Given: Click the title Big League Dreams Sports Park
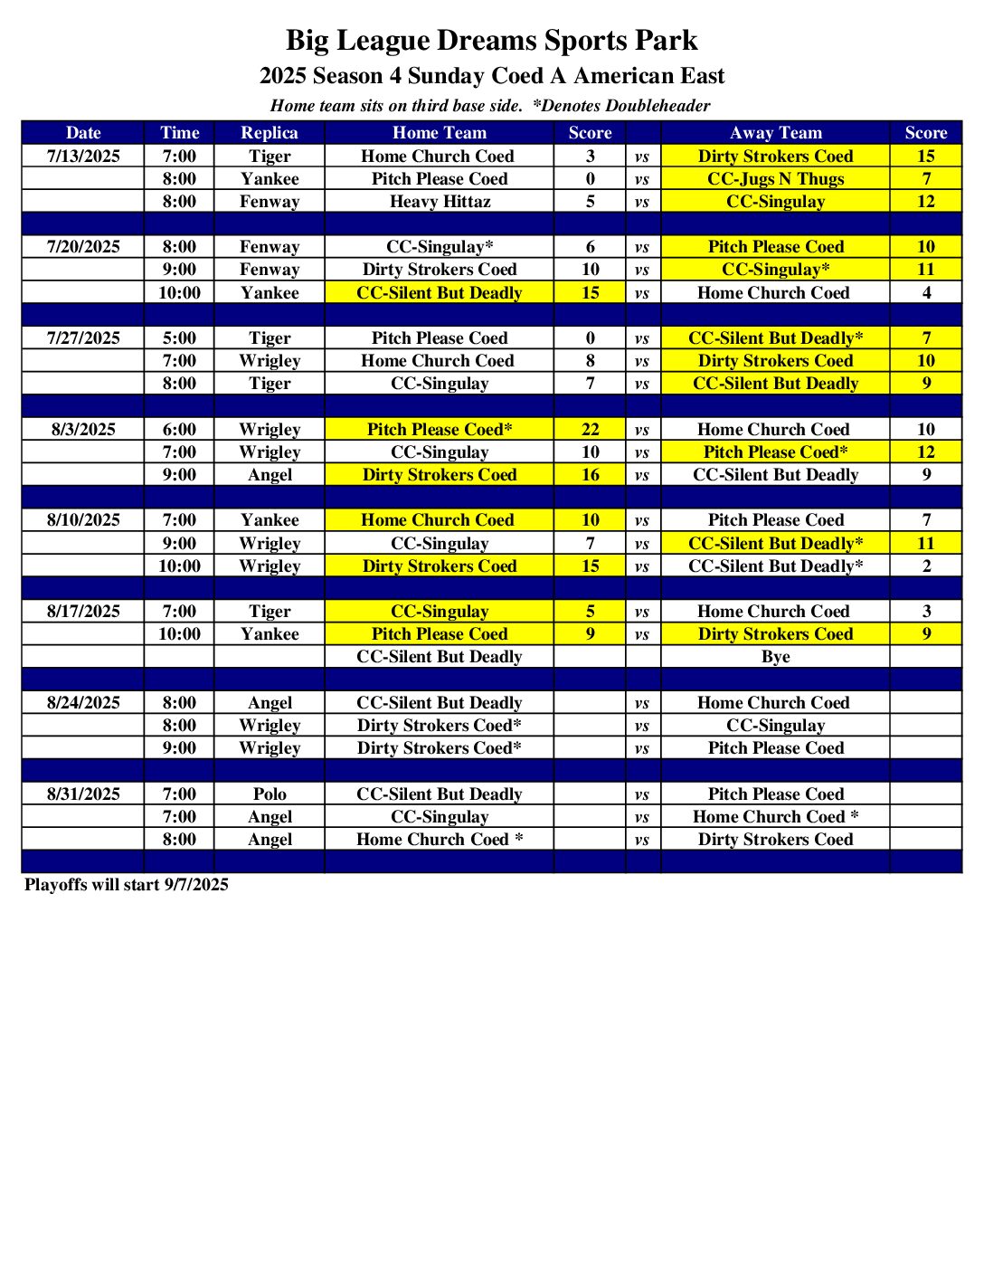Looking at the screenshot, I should [x=491, y=41].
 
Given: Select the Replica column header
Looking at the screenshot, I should [x=269, y=133].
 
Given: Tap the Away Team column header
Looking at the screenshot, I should [x=775, y=133].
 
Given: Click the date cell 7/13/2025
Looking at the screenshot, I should [x=83, y=156].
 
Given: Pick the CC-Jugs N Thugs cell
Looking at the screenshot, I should [x=775, y=179].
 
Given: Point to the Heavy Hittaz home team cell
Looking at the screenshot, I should [x=440, y=202].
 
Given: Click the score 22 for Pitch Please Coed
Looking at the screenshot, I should [x=590, y=430].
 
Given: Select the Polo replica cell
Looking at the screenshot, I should [x=269, y=794].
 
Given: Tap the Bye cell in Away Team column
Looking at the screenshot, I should [x=775, y=657].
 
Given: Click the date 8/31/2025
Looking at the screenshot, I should [x=83, y=794].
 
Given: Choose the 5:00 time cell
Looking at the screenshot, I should [x=179, y=338].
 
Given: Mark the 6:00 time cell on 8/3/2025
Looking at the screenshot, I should [x=179, y=430].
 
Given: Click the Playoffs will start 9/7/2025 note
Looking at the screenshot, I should [x=127, y=885].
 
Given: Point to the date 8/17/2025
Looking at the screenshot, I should [x=83, y=612].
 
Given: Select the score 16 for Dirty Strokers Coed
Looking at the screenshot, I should [x=590, y=475].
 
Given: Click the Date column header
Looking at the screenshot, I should [x=83, y=133].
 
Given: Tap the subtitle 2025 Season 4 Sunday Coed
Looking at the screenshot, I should [x=491, y=76].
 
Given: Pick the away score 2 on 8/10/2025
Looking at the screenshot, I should [x=926, y=566].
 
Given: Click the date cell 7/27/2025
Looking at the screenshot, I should [x=83, y=338].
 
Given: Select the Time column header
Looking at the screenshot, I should [x=179, y=133].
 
